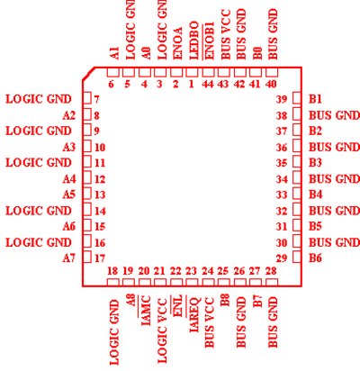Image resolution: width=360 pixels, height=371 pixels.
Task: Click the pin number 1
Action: [x=192, y=84]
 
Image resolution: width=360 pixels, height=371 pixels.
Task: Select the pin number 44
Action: [x=207, y=84]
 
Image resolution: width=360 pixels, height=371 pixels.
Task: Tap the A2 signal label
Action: [x=68, y=115]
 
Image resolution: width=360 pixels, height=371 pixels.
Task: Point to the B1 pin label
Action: [x=315, y=99]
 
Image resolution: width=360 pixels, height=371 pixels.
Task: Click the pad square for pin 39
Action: [x=297, y=98]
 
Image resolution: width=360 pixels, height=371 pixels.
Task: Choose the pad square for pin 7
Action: [x=87, y=98]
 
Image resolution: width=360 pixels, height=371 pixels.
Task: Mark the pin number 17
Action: [x=100, y=258]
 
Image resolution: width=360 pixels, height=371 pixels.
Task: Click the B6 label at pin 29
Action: [x=315, y=258]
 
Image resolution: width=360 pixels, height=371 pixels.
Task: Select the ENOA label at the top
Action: [x=178, y=43]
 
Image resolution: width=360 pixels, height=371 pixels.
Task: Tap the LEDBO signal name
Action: [x=193, y=40]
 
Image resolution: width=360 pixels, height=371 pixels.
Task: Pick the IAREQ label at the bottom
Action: [x=194, y=314]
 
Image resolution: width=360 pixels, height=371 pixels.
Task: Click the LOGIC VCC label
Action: [x=162, y=330]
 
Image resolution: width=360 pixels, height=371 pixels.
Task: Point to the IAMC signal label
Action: [x=146, y=311]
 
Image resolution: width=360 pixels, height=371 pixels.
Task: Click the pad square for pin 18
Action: [x=112, y=283]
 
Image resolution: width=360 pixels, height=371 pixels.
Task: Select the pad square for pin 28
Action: [x=272, y=283]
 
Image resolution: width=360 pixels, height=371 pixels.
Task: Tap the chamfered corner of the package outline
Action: [x=88, y=74]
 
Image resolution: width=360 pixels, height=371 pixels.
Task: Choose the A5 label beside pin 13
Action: [x=68, y=195]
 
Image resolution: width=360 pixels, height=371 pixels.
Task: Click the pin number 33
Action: [x=282, y=195]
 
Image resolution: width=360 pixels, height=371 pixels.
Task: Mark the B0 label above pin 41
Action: [x=257, y=53]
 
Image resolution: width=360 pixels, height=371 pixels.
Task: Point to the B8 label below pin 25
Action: [x=225, y=300]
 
